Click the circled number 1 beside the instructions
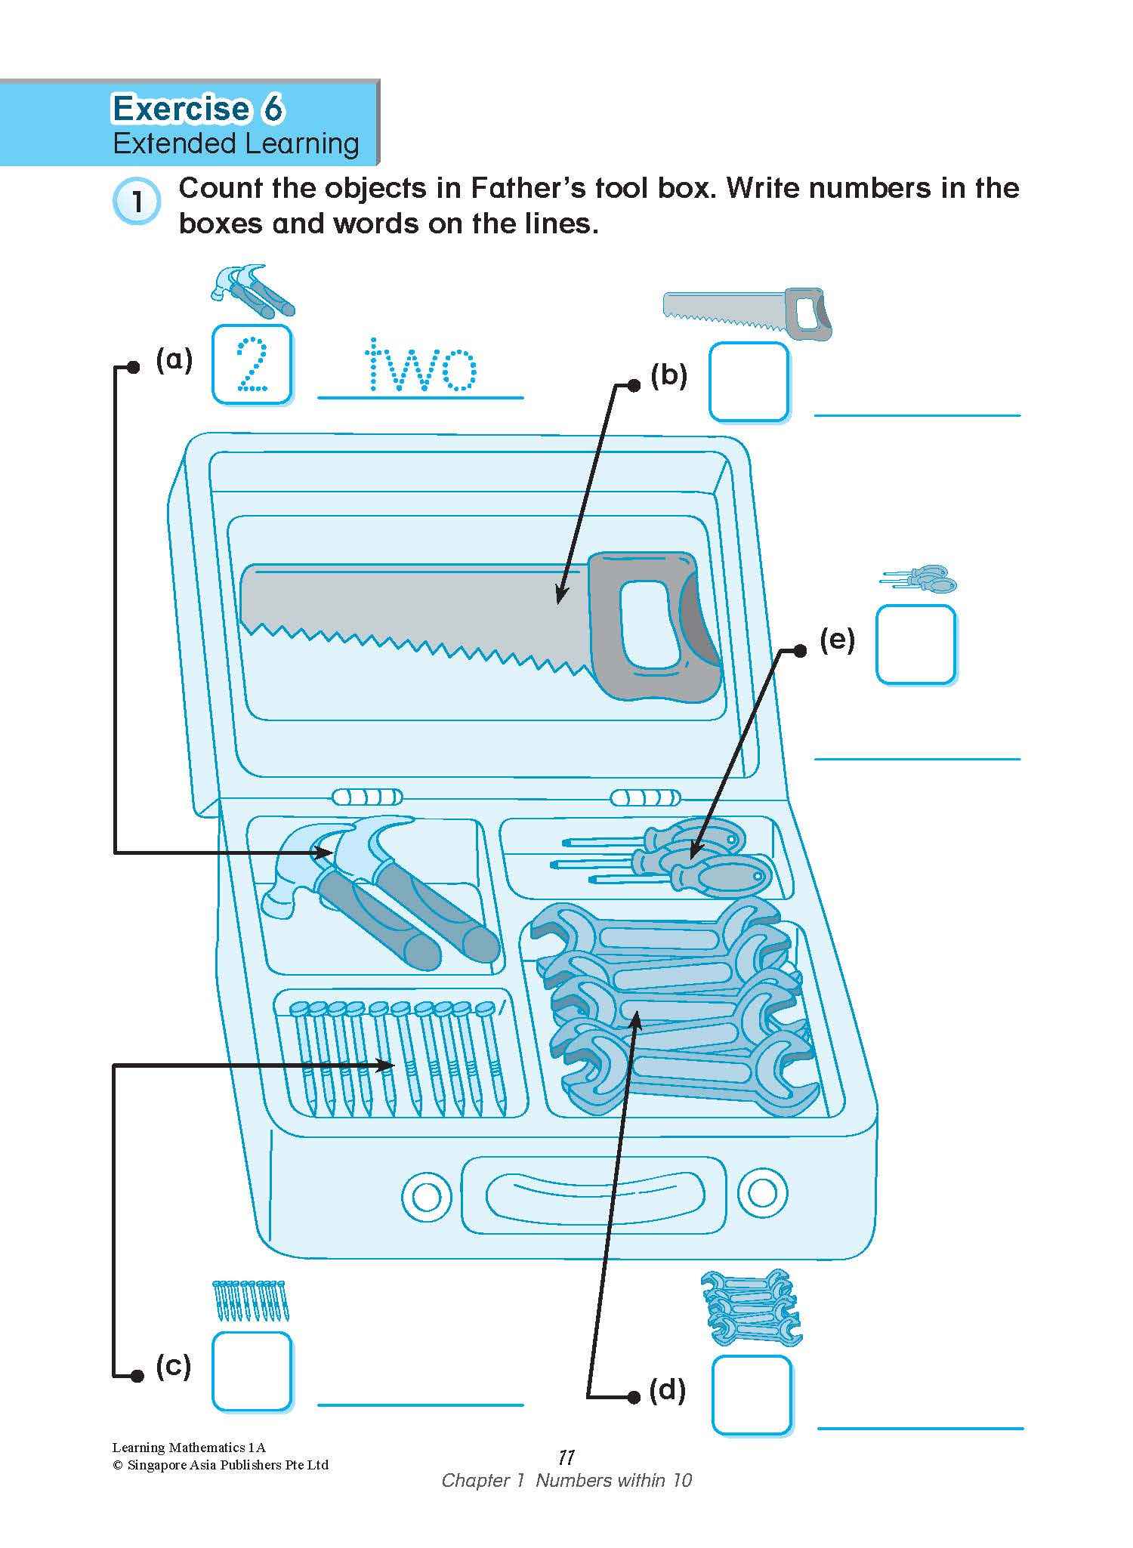pyautogui.click(x=137, y=202)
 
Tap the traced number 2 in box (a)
pyautogui.click(x=252, y=365)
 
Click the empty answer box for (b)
pyautogui.click(x=749, y=381)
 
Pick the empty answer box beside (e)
pyautogui.click(x=915, y=644)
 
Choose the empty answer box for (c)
pyautogui.click(x=252, y=1371)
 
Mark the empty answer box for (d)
pyautogui.click(x=752, y=1395)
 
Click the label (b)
pyautogui.click(x=668, y=375)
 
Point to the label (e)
pyautogui.click(x=837, y=640)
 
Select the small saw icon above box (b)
pyautogui.click(x=748, y=313)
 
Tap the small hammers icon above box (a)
pyautogui.click(x=252, y=291)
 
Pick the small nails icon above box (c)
pyautogui.click(x=251, y=1300)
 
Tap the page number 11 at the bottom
pyautogui.click(x=566, y=1457)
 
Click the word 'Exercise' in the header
pyautogui.click(x=181, y=109)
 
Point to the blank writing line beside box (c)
pyautogui.click(x=420, y=1405)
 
